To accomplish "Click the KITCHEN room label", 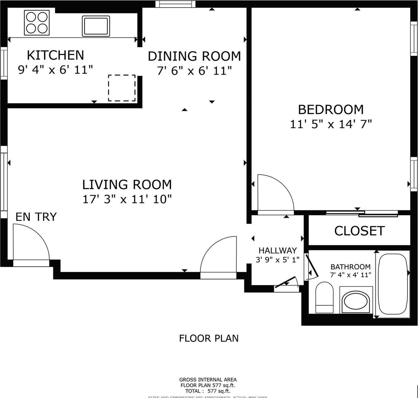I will (55, 55).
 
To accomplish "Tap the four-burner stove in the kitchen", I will (37, 23).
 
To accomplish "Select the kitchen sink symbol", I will (96, 26).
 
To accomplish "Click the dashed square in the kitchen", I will (122, 88).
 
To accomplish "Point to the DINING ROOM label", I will (194, 56).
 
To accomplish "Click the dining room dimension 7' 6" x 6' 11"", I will (194, 71).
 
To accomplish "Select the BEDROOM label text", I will (331, 109).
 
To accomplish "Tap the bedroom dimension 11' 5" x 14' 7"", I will (331, 124).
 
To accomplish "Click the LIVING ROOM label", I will (127, 185).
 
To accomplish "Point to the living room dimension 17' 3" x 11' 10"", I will (127, 199).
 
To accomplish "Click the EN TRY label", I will (36, 217).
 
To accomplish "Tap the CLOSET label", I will (359, 231).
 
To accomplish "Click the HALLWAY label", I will (278, 250).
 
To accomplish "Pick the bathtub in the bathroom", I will (393, 285).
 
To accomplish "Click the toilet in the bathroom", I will (324, 297).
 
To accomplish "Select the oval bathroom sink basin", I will (356, 302).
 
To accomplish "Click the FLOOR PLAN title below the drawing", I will (209, 338).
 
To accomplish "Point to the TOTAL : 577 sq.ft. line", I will (208, 391).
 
